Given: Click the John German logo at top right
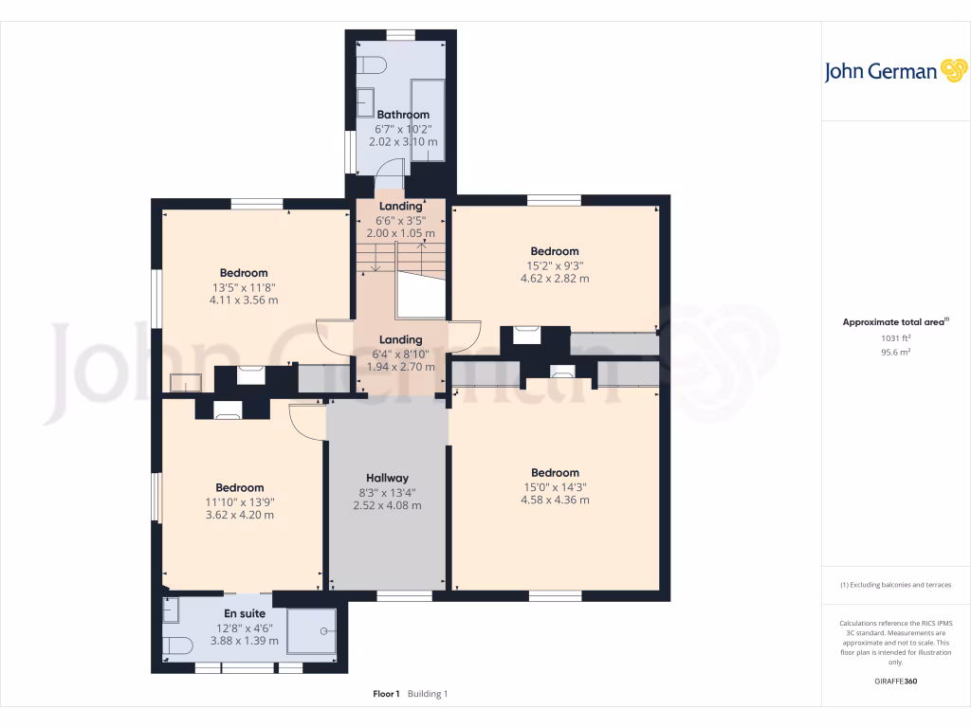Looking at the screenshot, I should [x=894, y=72].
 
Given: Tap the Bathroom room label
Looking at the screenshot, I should [x=403, y=115].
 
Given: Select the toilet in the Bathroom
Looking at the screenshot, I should [x=370, y=64].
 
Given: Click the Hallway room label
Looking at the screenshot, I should [x=387, y=478].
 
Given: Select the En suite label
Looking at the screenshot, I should [x=245, y=614].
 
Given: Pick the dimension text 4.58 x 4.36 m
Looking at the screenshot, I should [x=555, y=500].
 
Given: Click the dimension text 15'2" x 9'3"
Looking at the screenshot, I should [x=555, y=265].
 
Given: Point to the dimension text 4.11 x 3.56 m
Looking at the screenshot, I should [x=244, y=300].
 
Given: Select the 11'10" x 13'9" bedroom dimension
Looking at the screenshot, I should [x=239, y=501].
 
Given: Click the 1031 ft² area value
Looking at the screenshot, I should [x=895, y=337].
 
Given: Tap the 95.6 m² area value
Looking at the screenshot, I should [x=895, y=352].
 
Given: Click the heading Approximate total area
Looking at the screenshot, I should [x=895, y=322].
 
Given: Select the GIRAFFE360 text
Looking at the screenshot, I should [x=895, y=682].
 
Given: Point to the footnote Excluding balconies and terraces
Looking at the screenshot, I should [x=895, y=585].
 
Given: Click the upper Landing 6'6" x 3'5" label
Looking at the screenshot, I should [x=401, y=219].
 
